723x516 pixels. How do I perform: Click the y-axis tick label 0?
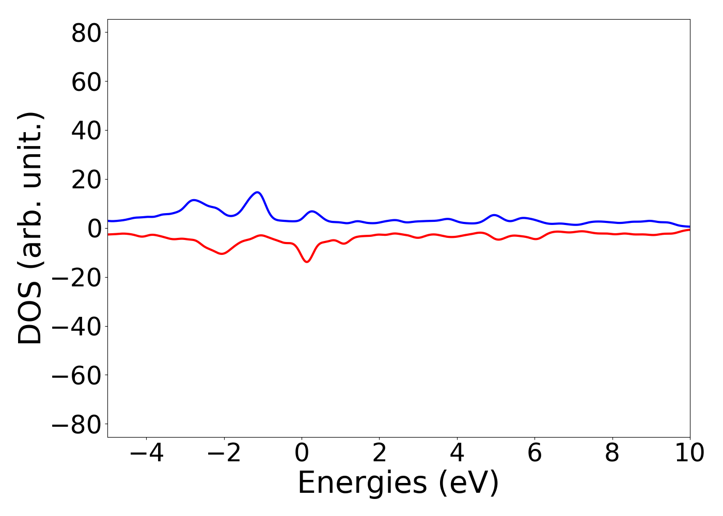tap(92, 229)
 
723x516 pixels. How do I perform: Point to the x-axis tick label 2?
tap(380, 453)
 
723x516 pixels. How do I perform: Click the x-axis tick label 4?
tap(457, 453)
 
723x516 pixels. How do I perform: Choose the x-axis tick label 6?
tap(535, 453)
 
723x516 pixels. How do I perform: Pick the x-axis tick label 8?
tap(612, 453)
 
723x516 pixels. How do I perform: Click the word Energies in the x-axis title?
tap(362, 483)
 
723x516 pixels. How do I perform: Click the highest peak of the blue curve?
tap(257, 192)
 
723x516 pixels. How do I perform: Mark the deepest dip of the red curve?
tap(307, 262)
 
